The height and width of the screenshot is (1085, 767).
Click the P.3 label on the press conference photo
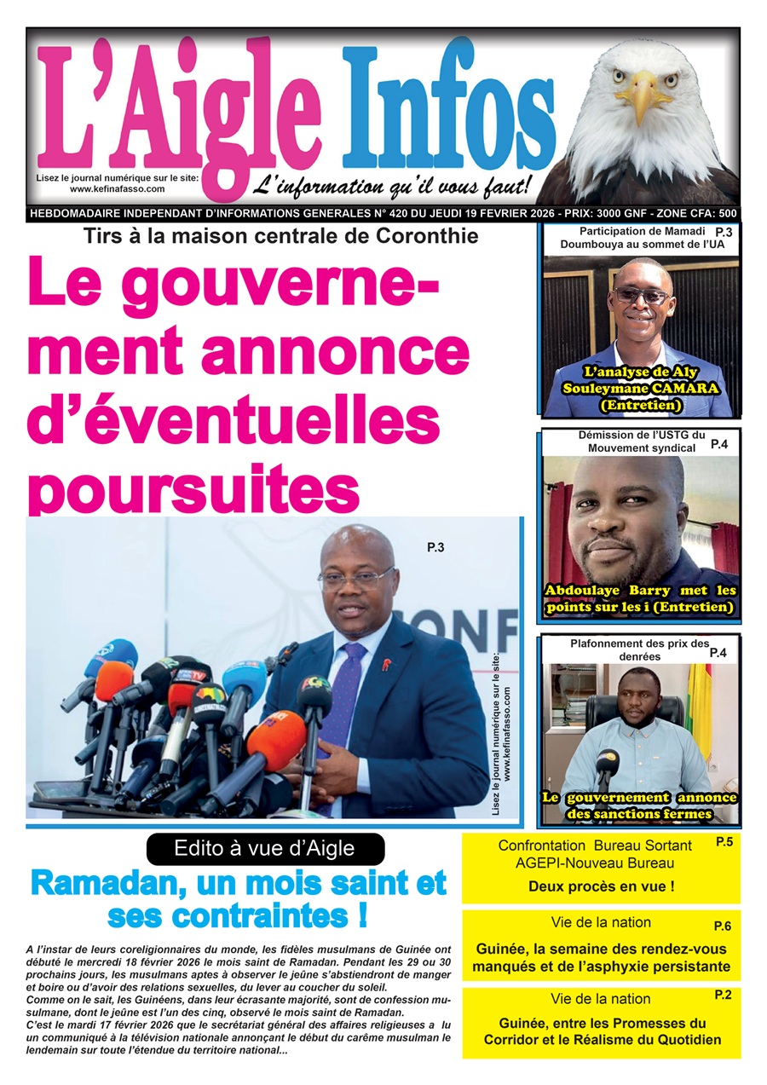point(435,548)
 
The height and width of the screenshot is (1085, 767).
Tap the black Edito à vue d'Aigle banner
point(265,848)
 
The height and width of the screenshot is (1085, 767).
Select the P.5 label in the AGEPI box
point(724,842)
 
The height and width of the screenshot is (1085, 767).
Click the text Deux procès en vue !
point(601,886)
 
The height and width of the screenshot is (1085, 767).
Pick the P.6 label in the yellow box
point(723,926)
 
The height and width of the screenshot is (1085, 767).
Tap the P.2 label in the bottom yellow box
point(723,995)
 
